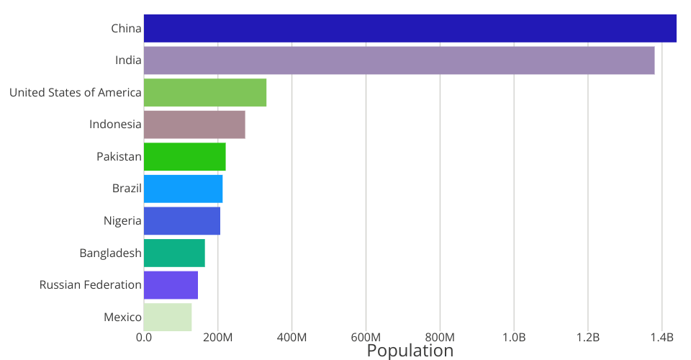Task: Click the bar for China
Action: click(410, 28)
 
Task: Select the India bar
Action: click(399, 60)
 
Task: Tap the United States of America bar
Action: click(205, 92)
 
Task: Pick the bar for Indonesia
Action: click(194, 125)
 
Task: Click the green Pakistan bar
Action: click(184, 157)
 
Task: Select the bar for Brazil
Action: click(183, 189)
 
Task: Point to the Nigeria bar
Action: click(182, 221)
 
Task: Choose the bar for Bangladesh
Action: click(174, 253)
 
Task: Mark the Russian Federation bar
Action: click(171, 285)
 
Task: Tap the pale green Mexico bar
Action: click(168, 317)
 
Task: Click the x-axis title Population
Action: click(410, 351)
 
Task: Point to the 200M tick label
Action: click(217, 337)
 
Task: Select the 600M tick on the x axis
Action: click(366, 337)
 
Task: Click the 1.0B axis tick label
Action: click(514, 337)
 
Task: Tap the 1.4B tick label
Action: click(662, 337)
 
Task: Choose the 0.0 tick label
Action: click(144, 337)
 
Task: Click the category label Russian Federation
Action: click(91, 285)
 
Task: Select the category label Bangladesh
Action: click(110, 253)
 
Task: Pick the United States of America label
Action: click(76, 92)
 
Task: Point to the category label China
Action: click(126, 29)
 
